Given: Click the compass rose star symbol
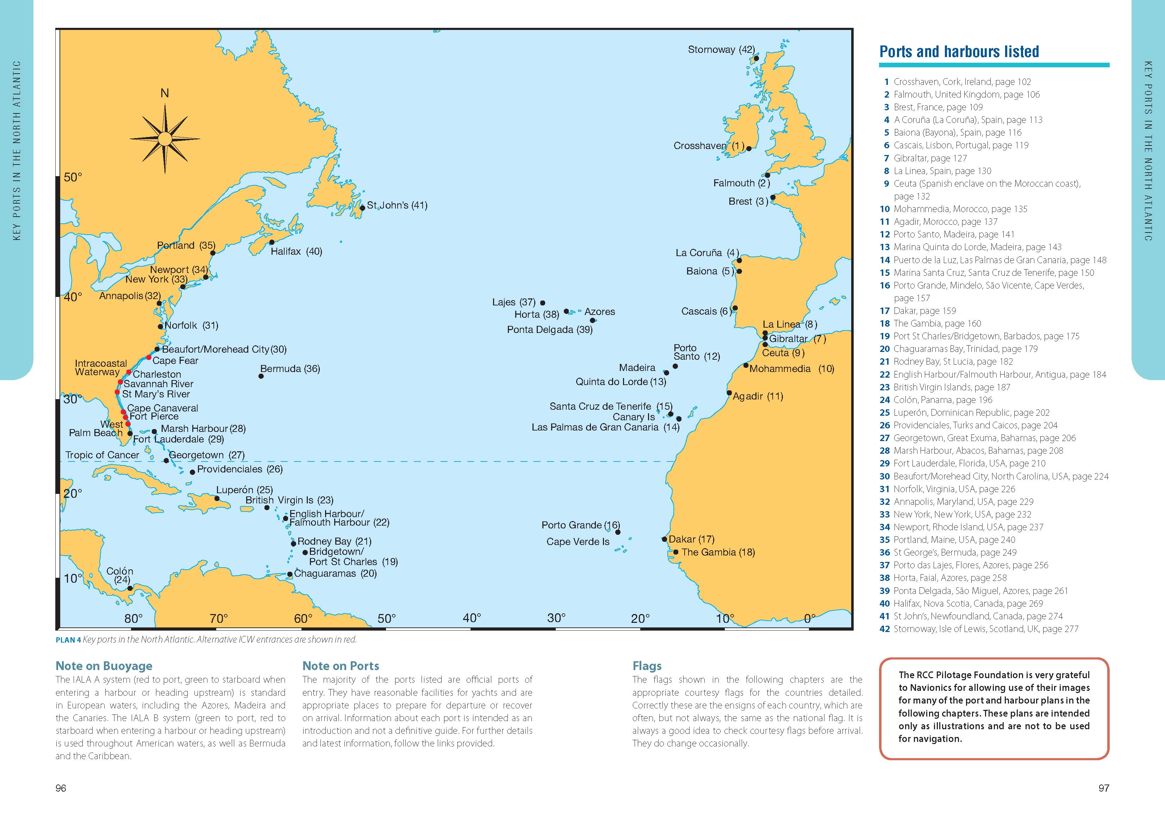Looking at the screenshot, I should pyautogui.click(x=164, y=138).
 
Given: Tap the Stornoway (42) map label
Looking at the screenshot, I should pyautogui.click(x=721, y=50).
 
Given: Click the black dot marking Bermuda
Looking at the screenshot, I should pyautogui.click(x=261, y=376).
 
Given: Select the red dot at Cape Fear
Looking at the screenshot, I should pyautogui.click(x=149, y=358).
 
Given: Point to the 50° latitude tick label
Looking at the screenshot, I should pyautogui.click(x=73, y=177).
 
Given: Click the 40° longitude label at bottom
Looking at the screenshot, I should pyautogui.click(x=471, y=618).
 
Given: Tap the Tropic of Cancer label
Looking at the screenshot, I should pyautogui.click(x=102, y=455).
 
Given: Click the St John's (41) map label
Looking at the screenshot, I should pyautogui.click(x=397, y=206).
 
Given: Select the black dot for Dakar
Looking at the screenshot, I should pyautogui.click(x=664, y=539).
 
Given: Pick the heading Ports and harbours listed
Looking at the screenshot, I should pyautogui.click(x=959, y=51).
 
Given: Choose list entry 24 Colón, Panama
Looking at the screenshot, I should pyautogui.click(x=936, y=399).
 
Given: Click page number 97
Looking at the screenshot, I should pyautogui.click(x=1104, y=788).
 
